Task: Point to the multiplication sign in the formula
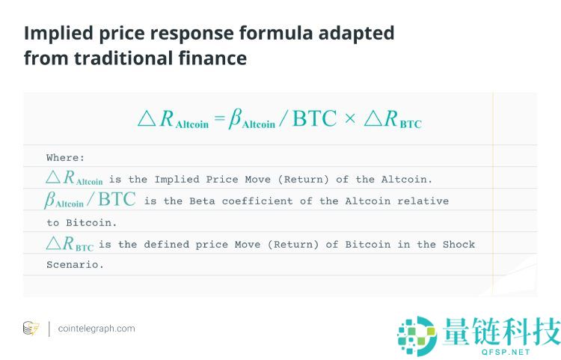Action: (350, 120)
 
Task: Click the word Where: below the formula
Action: (66, 158)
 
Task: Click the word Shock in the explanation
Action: (459, 245)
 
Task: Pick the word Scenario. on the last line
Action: (75, 265)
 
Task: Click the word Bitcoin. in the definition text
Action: (88, 222)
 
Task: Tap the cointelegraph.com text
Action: (96, 329)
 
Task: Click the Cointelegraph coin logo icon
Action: (31, 329)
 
